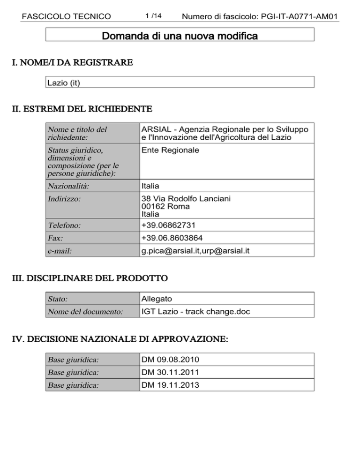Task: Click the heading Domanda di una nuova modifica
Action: point(180,36)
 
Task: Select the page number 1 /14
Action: point(153,16)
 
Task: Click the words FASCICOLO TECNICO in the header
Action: point(66,17)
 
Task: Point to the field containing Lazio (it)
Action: point(180,83)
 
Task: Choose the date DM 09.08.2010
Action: point(170,360)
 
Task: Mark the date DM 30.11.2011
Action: point(170,372)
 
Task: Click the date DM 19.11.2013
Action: point(170,385)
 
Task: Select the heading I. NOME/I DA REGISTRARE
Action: point(72,62)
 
